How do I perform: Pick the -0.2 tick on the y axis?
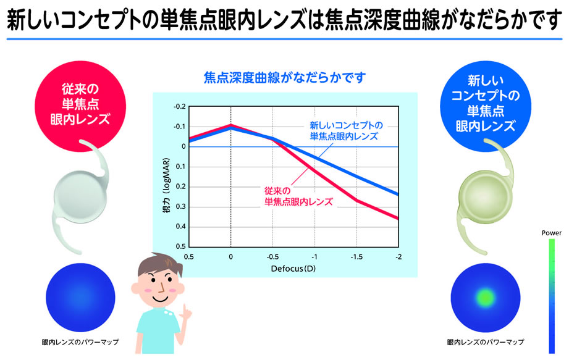point(179,107)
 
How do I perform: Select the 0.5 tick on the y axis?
point(180,246)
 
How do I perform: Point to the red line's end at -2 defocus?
point(397,218)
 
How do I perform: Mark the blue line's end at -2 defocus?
point(397,195)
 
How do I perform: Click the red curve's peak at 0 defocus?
point(231,125)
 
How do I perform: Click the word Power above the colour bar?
point(551,233)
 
